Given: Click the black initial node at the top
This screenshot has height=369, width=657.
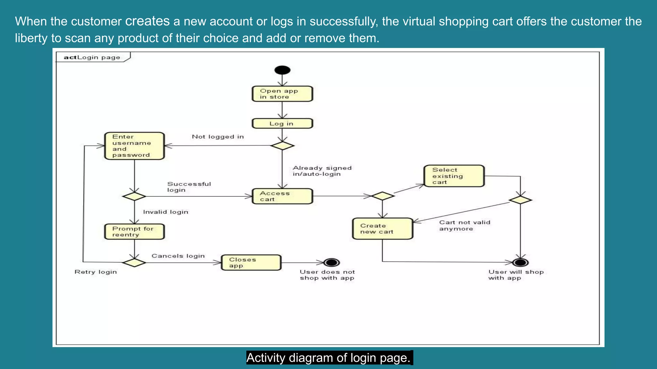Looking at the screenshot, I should (x=282, y=70).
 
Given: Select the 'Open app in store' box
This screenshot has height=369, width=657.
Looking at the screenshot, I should (x=282, y=94).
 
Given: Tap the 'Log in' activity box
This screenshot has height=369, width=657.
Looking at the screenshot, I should (x=282, y=124).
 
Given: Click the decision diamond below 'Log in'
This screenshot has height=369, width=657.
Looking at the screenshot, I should (x=282, y=146).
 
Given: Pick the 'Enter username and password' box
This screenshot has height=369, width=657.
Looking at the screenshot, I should (x=134, y=146).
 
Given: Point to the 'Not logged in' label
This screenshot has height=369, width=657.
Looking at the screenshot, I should (x=218, y=137).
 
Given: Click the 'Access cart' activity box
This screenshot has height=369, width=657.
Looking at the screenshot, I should (x=282, y=196).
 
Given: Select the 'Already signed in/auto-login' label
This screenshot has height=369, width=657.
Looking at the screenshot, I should (x=322, y=171).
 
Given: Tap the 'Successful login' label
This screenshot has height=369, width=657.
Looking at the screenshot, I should (x=189, y=187).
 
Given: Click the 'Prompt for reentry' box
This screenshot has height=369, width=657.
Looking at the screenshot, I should (x=134, y=232).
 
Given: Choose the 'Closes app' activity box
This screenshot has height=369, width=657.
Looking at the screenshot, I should (x=251, y=263).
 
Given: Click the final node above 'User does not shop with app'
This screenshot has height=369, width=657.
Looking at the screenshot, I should (x=331, y=263).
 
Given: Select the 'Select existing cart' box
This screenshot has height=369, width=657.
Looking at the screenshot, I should (x=454, y=176).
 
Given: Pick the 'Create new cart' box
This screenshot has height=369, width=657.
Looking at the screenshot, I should (x=382, y=229).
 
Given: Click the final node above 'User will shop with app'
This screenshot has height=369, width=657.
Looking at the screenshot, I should (x=520, y=263).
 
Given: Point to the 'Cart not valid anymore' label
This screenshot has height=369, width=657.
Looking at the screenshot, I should (x=464, y=225).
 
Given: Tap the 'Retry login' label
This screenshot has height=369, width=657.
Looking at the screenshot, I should (x=96, y=272).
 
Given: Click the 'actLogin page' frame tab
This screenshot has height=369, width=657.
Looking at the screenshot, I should (x=92, y=57).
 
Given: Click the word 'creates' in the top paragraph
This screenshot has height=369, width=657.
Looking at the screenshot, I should (x=147, y=21).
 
